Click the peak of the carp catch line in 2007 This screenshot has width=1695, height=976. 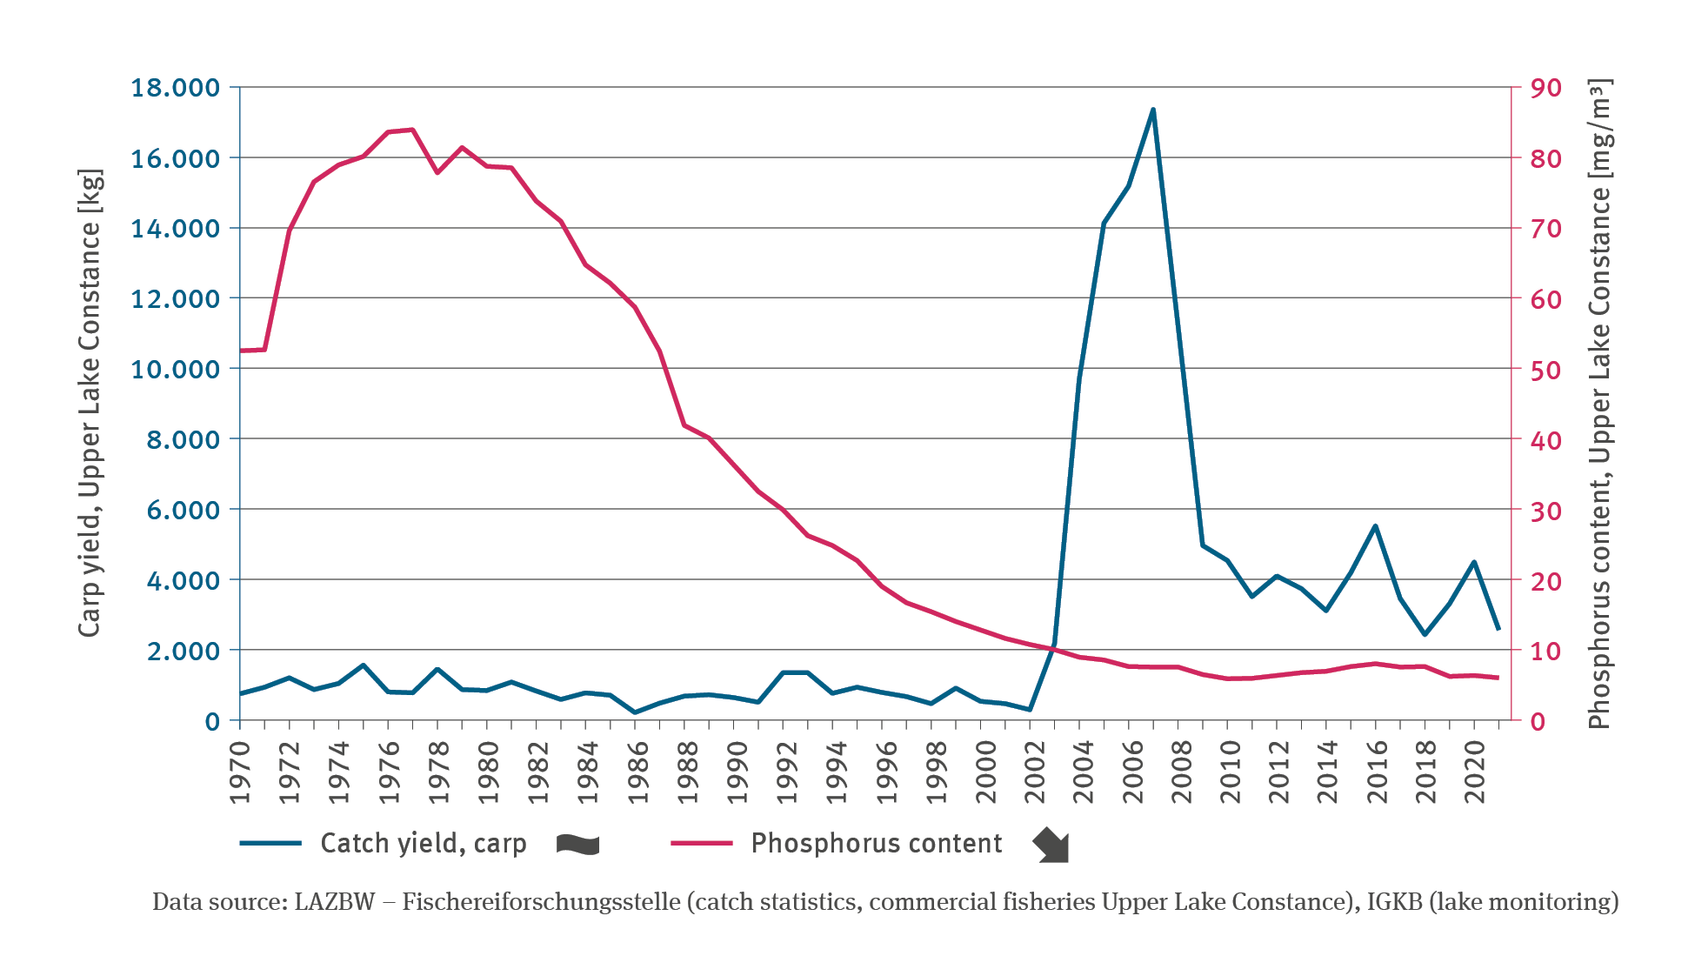pyautogui.click(x=1153, y=110)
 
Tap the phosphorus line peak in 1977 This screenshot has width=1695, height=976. pyautogui.click(x=412, y=130)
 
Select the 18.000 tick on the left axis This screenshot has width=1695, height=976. pyautogui.click(x=175, y=88)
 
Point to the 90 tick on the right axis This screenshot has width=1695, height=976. pyautogui.click(x=1546, y=88)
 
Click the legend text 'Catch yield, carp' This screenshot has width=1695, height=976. pyautogui.click(x=424, y=843)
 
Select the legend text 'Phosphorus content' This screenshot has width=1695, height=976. pyautogui.click(x=877, y=843)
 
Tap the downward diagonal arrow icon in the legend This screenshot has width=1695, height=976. pyautogui.click(x=1051, y=846)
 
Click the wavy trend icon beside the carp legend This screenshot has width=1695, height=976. pyautogui.click(x=578, y=844)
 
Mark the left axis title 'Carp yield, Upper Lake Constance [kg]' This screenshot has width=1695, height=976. pyautogui.click(x=90, y=403)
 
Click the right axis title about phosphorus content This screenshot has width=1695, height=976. pyautogui.click(x=1600, y=403)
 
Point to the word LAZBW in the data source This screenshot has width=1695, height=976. pyautogui.click(x=334, y=901)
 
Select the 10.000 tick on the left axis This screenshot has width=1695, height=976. pyautogui.click(x=175, y=369)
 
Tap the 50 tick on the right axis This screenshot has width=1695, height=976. pyautogui.click(x=1546, y=370)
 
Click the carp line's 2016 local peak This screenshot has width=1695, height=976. pyautogui.click(x=1376, y=525)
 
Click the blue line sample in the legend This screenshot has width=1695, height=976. pyautogui.click(x=270, y=843)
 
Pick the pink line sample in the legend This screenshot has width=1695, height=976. pyautogui.click(x=702, y=843)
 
